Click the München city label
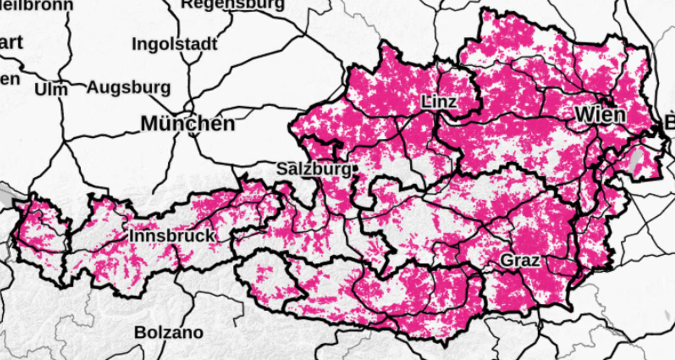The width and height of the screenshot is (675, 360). pos(188,124)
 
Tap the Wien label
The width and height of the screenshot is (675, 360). pos(600,115)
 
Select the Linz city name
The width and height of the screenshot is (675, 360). pos(439,102)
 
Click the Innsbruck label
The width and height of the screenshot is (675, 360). pos(172,236)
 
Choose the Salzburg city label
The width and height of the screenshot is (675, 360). pos(313,169)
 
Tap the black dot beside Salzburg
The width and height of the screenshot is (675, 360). pos(355,168)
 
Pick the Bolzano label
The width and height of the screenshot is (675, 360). pos(169,333)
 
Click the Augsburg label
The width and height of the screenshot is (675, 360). pos(129,87)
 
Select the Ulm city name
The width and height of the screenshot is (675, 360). pos(51,89)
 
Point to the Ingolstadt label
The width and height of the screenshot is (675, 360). pos(174,45)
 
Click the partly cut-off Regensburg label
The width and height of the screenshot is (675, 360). pos(232,4)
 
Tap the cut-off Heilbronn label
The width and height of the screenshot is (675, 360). pos(37,5)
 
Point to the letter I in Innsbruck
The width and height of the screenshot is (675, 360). pos(131,236)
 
